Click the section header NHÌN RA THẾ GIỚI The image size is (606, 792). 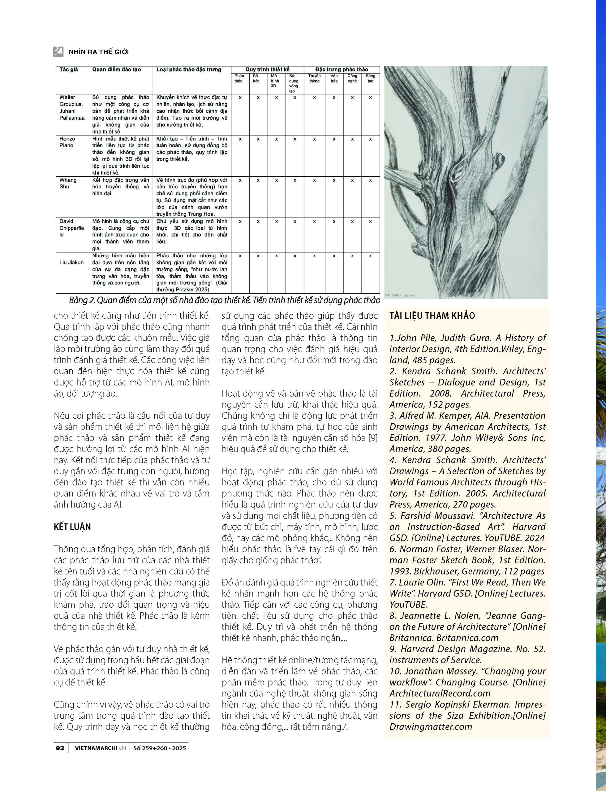click(98, 52)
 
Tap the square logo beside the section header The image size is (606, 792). click(58, 52)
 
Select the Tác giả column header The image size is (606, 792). click(69, 69)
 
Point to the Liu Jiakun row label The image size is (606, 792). click(71, 262)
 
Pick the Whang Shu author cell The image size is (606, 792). click(68, 183)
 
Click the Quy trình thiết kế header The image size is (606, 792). click(267, 69)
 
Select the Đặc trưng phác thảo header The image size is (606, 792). click(342, 69)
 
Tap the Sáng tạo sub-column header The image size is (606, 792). click(370, 78)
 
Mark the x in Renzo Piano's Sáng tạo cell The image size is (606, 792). click(370, 139)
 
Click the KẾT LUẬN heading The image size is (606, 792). click(72, 527)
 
